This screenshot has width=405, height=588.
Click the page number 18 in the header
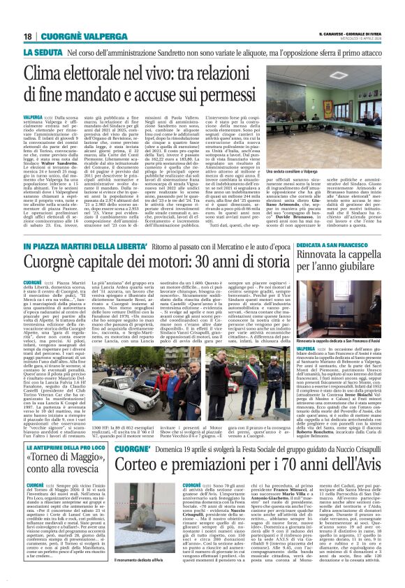point(28,36)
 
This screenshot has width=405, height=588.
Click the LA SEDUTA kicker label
point(45,52)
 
